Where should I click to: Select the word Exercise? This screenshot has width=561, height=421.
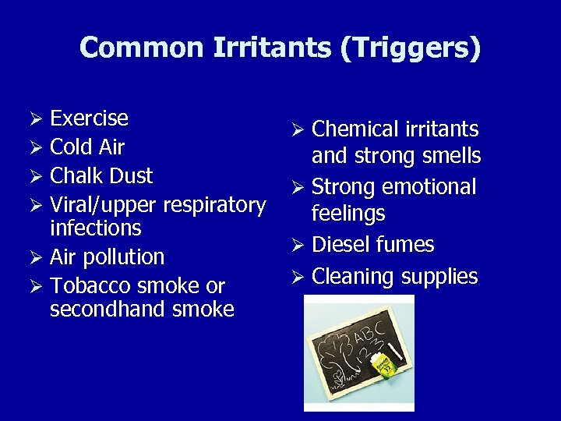tap(89, 119)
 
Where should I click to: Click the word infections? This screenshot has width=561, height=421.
tap(95, 228)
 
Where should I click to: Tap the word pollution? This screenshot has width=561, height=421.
tap(124, 257)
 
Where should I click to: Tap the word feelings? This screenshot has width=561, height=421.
tap(348, 214)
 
